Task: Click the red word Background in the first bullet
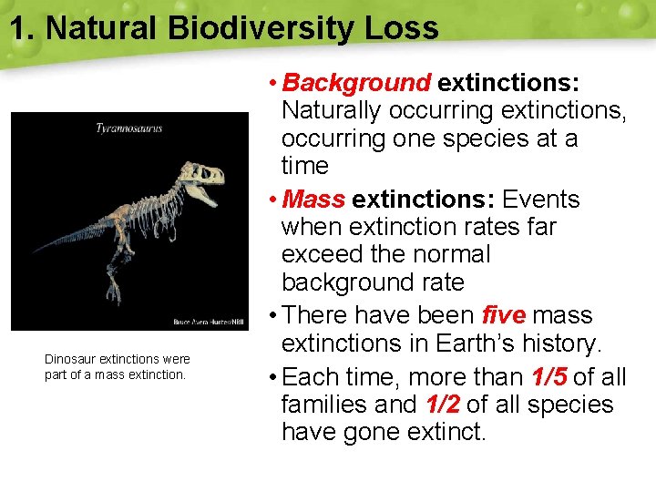357,83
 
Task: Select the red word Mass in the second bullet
314,199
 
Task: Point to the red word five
504,315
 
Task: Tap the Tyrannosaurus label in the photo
129,128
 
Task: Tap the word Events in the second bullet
541,199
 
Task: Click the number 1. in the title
24,28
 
